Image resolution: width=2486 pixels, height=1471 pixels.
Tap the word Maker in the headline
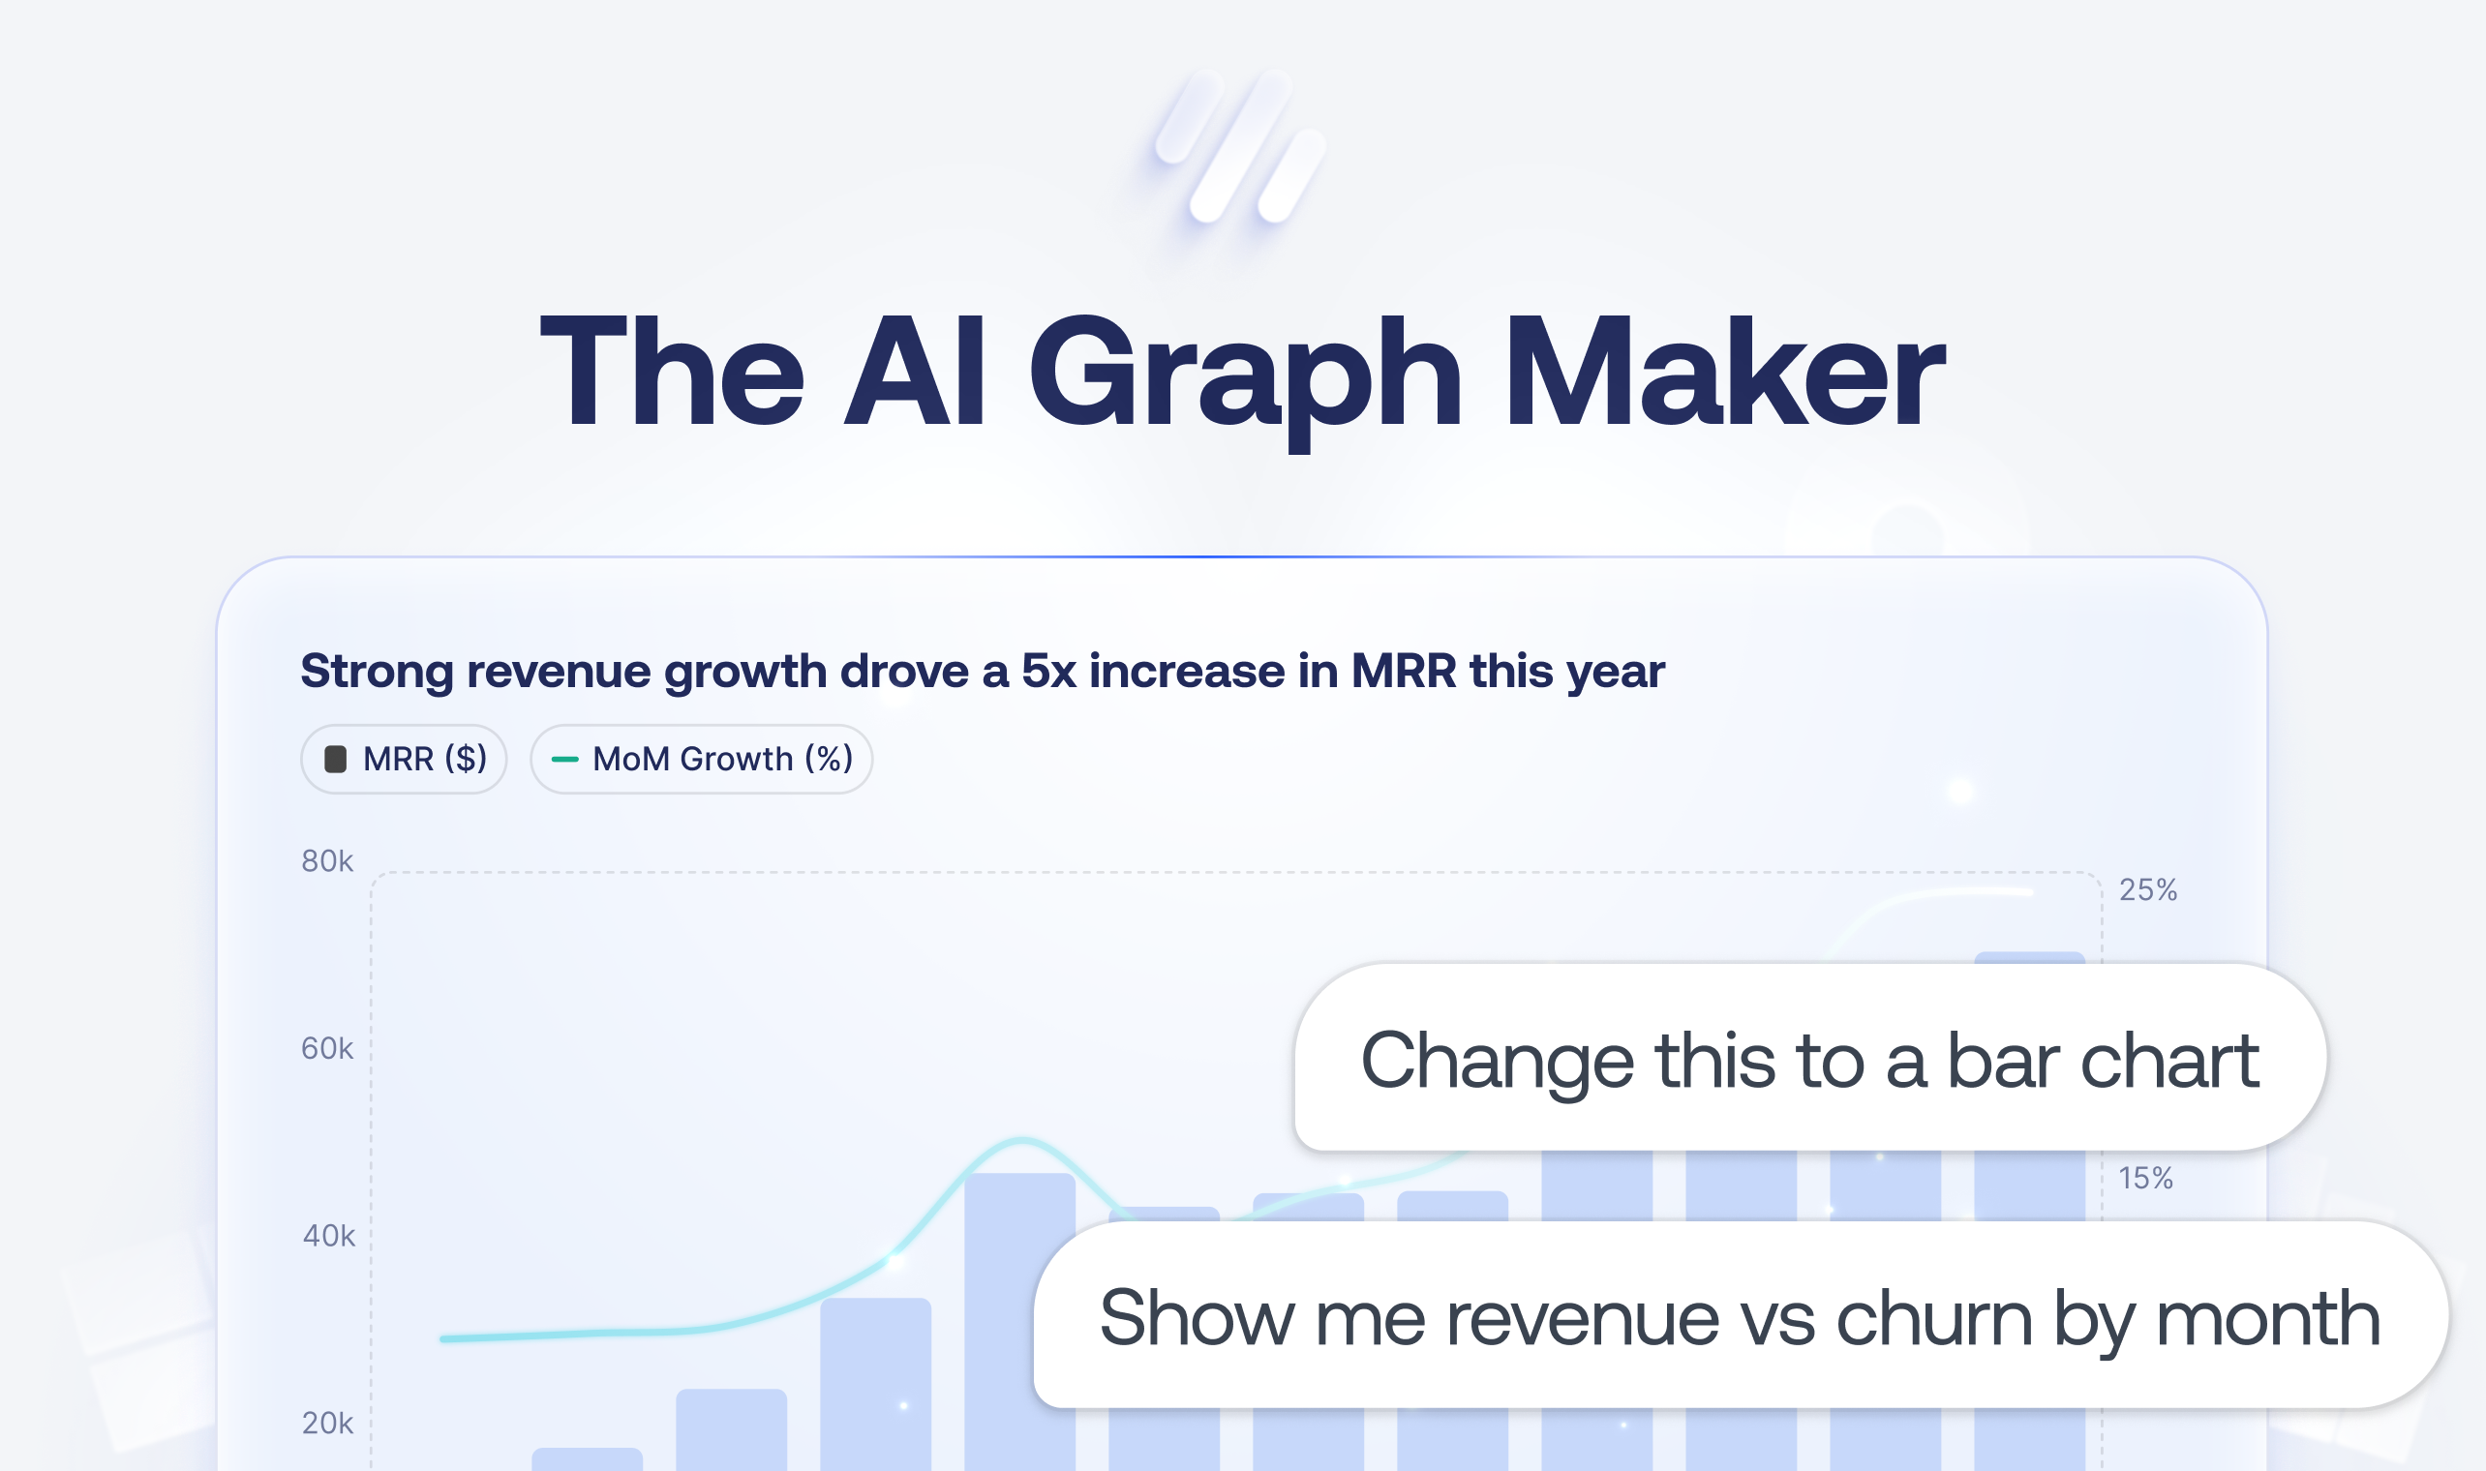(x=1725, y=371)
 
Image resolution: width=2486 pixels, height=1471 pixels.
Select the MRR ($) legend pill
(x=405, y=760)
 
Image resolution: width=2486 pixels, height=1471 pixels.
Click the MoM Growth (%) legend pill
(x=702, y=760)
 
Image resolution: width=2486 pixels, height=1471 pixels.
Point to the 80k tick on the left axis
(x=327, y=860)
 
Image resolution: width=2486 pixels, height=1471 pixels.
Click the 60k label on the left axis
(x=327, y=1048)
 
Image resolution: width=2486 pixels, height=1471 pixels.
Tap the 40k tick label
(x=328, y=1235)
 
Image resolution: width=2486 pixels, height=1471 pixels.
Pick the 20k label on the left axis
(x=327, y=1423)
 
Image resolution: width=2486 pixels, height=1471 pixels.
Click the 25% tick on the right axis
(x=2148, y=889)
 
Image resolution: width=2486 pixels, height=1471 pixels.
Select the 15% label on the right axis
(x=2146, y=1178)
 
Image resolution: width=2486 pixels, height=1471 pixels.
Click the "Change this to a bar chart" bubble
(x=1810, y=1057)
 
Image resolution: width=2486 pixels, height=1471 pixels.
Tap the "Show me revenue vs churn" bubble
(x=1741, y=1314)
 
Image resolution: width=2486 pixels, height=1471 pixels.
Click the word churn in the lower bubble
(x=1934, y=1317)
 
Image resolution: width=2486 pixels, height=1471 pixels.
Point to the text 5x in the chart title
(x=1048, y=671)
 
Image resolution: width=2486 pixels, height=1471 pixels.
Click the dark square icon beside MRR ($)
(x=336, y=760)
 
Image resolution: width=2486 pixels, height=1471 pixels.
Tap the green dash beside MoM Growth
(x=565, y=760)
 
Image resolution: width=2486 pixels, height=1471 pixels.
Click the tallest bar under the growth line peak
(x=1020, y=1321)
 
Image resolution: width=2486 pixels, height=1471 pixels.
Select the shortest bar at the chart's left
(x=588, y=1459)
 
